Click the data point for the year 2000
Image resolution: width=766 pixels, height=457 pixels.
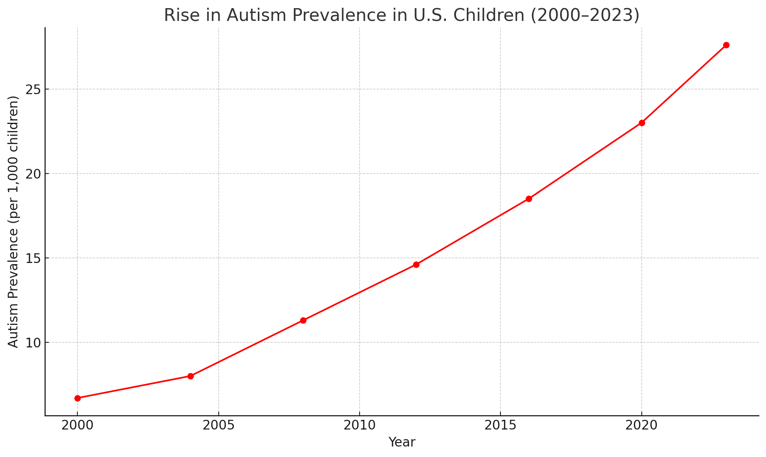(77, 398)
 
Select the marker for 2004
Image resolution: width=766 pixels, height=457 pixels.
(190, 376)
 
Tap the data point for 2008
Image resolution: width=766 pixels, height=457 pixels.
(303, 320)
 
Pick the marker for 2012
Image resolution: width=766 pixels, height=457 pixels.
(416, 265)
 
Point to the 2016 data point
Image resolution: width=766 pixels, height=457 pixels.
(529, 199)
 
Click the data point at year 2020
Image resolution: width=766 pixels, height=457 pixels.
(642, 123)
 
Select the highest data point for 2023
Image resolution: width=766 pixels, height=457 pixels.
(726, 45)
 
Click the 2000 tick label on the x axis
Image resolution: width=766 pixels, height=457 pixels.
(77, 426)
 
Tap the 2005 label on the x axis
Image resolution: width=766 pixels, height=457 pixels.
(218, 426)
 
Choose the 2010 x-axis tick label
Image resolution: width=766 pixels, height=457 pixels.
(360, 426)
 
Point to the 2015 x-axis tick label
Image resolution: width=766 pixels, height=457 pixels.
(500, 426)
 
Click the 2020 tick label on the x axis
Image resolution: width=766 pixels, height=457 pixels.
(642, 426)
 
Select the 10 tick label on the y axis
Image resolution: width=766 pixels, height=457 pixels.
(33, 343)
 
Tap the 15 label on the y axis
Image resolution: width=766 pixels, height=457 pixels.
(33, 258)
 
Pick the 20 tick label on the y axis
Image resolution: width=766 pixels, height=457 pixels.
(33, 174)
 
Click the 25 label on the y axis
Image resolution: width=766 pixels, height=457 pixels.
(33, 89)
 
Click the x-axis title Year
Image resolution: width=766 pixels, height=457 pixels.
(402, 442)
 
